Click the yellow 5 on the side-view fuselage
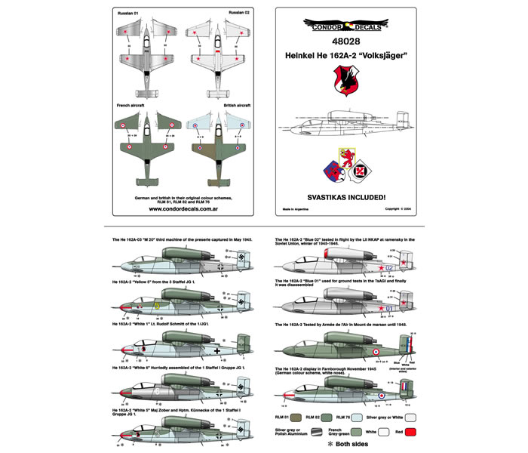tap(157, 306)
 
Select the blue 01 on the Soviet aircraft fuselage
tap(389, 308)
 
